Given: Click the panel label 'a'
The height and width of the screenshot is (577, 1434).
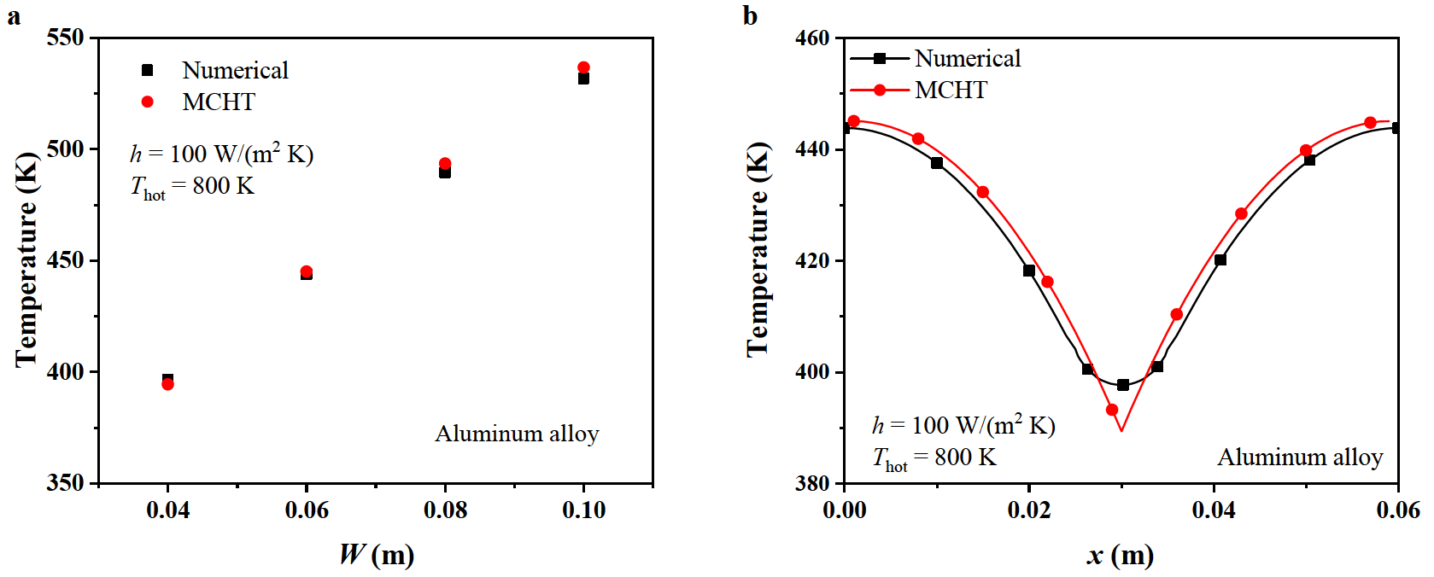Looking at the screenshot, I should [x=14, y=16].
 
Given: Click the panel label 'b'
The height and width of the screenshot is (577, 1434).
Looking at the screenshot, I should [x=750, y=16].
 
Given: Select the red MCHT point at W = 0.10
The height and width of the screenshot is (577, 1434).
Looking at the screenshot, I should [x=583, y=67].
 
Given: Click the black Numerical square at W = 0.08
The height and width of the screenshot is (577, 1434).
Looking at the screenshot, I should [x=445, y=172].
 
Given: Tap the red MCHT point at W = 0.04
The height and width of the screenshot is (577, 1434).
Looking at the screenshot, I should [x=168, y=384].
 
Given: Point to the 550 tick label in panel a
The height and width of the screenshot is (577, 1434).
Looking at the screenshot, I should [x=66, y=38].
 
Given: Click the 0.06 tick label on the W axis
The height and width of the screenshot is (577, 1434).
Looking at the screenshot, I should [x=307, y=510].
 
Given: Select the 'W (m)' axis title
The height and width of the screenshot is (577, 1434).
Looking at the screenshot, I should [x=377, y=555].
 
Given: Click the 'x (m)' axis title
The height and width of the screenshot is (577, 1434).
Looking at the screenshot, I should [x=1120, y=556].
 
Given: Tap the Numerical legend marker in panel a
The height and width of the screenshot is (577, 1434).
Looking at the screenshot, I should [x=147, y=70].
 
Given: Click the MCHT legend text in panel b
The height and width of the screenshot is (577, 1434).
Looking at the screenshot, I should [x=951, y=90].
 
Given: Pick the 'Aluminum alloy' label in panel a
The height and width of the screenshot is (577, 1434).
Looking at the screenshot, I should [x=517, y=434].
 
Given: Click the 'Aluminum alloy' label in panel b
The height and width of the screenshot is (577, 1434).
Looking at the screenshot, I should [x=1299, y=458].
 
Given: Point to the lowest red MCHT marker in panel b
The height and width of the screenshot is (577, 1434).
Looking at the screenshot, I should [x=1112, y=410].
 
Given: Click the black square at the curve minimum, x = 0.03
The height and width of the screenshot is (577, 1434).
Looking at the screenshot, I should [x=1123, y=385].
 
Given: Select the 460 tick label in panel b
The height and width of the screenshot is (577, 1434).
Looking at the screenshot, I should [x=811, y=38].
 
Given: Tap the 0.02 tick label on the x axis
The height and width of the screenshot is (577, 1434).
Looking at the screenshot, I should [x=1029, y=510].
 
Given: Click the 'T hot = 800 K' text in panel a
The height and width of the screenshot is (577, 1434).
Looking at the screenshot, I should [x=192, y=187].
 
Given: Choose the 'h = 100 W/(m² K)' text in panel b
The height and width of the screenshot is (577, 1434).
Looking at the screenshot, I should [x=963, y=425].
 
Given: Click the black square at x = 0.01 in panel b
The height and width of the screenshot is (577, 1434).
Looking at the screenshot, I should [x=937, y=163].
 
